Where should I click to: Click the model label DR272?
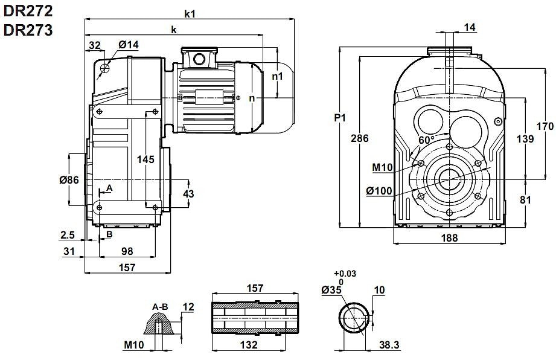pyautogui.click(x=28, y=10)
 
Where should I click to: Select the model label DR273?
pyautogui.click(x=28, y=30)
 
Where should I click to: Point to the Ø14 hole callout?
pyautogui.click(x=129, y=45)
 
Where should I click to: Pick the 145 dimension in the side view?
pyautogui.click(x=145, y=159)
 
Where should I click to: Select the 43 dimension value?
pyautogui.click(x=188, y=193)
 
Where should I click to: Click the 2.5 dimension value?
pyautogui.click(x=68, y=234)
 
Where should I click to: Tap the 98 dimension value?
pyautogui.click(x=127, y=250)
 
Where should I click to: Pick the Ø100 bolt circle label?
pyautogui.click(x=379, y=191)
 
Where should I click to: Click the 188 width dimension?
pyautogui.click(x=449, y=239)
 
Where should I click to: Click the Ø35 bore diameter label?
pyautogui.click(x=332, y=290)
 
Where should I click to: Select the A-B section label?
pyautogui.click(x=160, y=307)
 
